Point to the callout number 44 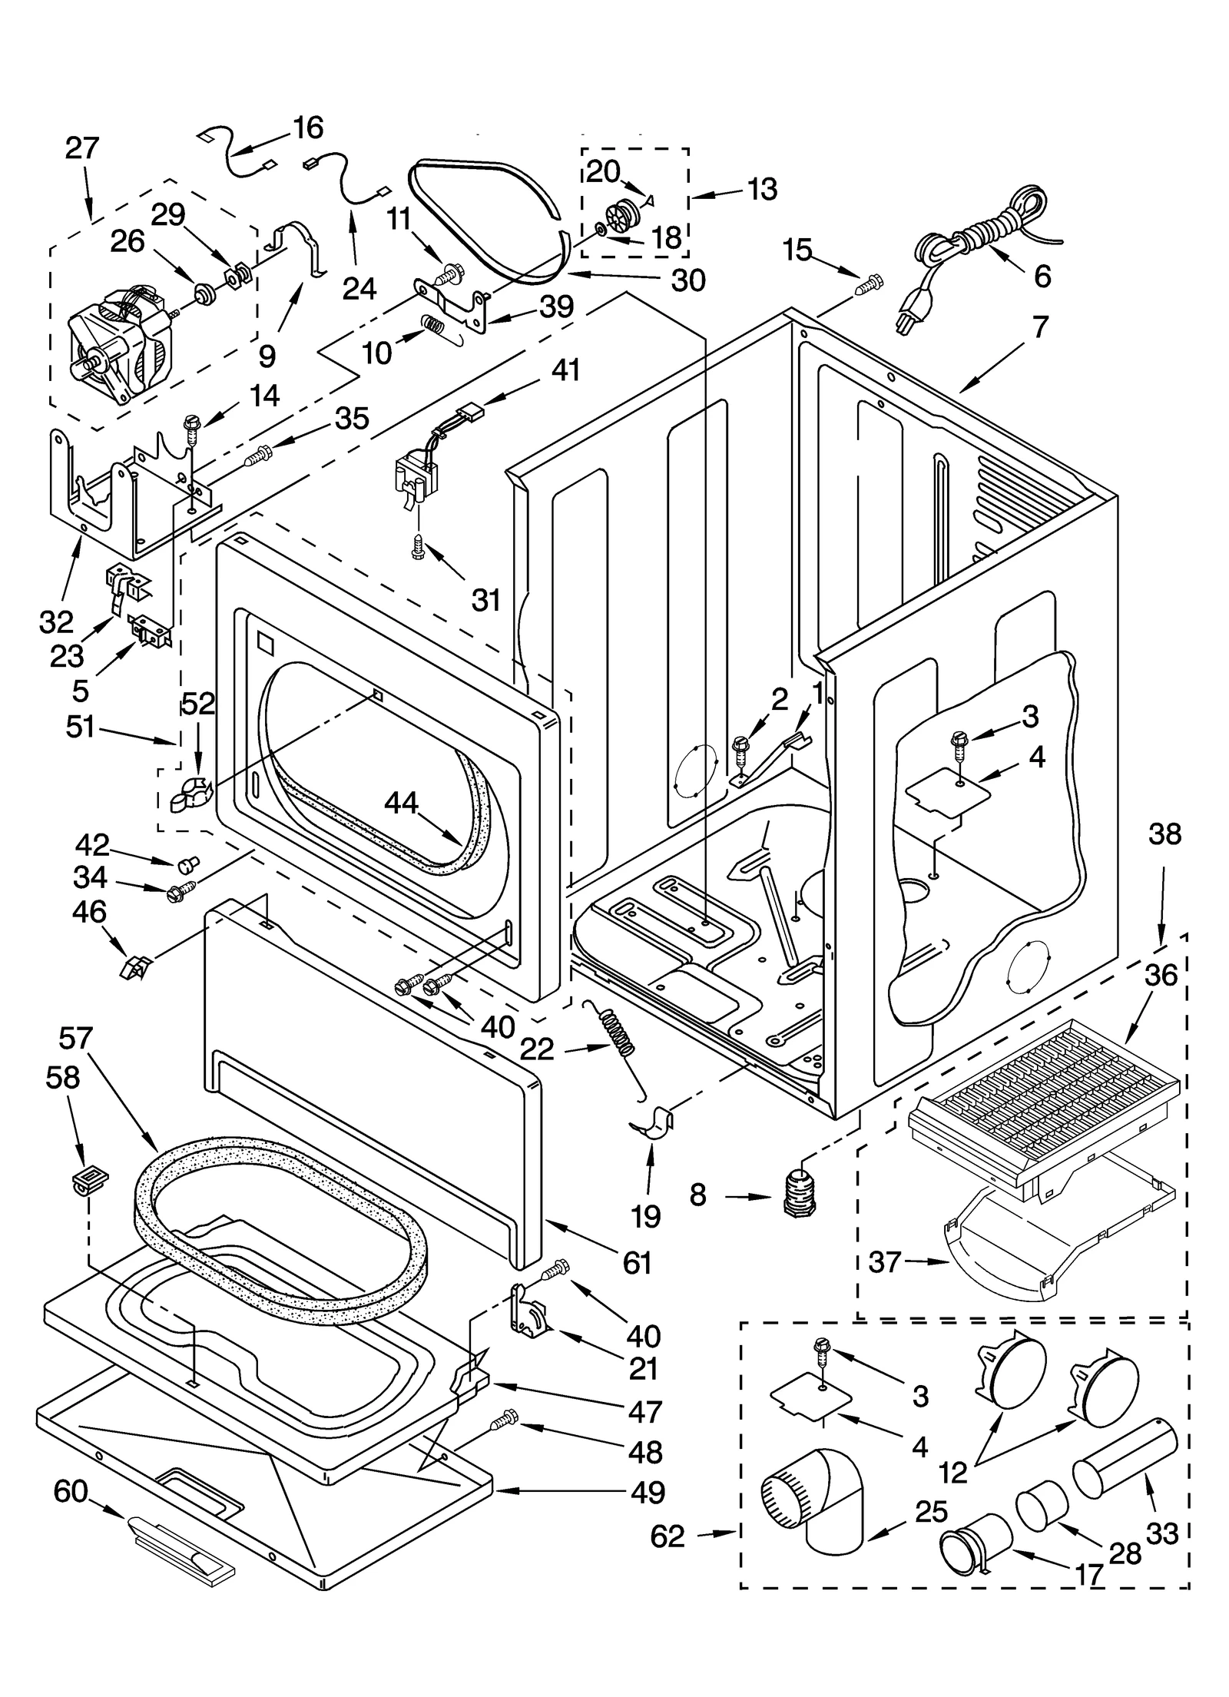pos(401,803)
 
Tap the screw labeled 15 pos(869,286)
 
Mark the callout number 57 pos(75,1039)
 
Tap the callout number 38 pos(1164,834)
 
